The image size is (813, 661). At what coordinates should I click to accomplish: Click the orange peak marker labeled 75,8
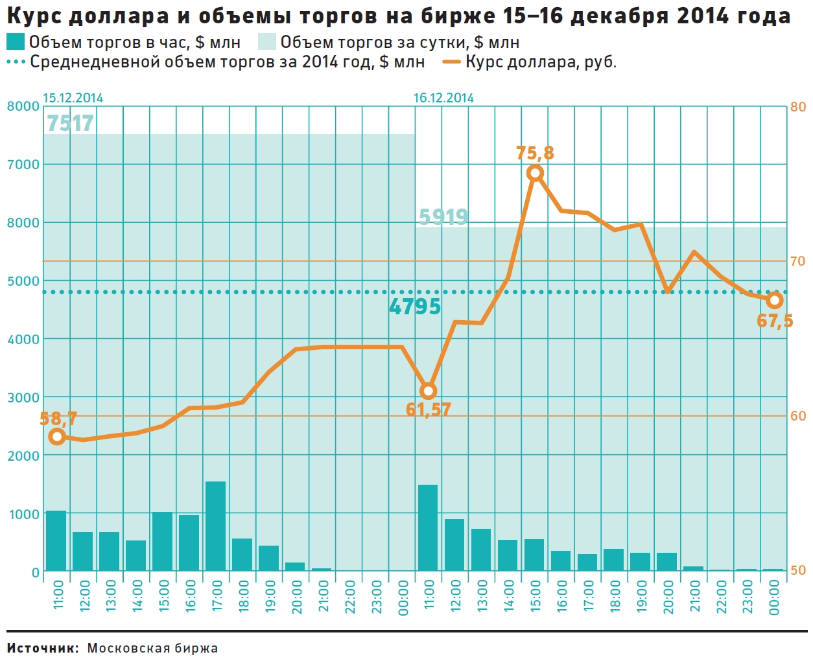[x=535, y=173]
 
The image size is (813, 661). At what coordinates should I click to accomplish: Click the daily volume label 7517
[x=70, y=123]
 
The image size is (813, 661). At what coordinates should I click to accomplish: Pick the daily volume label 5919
[x=443, y=216]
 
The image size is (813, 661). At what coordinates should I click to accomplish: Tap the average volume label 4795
[x=415, y=307]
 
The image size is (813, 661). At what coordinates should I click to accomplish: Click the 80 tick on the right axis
[x=798, y=107]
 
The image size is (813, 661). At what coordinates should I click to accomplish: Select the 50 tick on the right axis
[x=798, y=570]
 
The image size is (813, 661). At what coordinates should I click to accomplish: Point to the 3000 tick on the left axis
[x=23, y=397]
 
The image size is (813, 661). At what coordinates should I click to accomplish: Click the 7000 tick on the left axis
[x=23, y=165]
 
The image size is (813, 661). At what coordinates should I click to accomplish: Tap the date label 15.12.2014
[x=73, y=99]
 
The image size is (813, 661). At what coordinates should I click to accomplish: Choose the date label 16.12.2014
[x=443, y=99]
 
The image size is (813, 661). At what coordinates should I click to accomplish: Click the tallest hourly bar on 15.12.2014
[x=215, y=526]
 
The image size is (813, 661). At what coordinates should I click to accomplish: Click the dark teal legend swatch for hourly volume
[x=16, y=42]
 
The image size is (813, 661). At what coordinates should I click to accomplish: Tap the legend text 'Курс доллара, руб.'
[x=541, y=62]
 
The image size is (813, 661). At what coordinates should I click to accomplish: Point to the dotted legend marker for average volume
[x=16, y=62]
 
